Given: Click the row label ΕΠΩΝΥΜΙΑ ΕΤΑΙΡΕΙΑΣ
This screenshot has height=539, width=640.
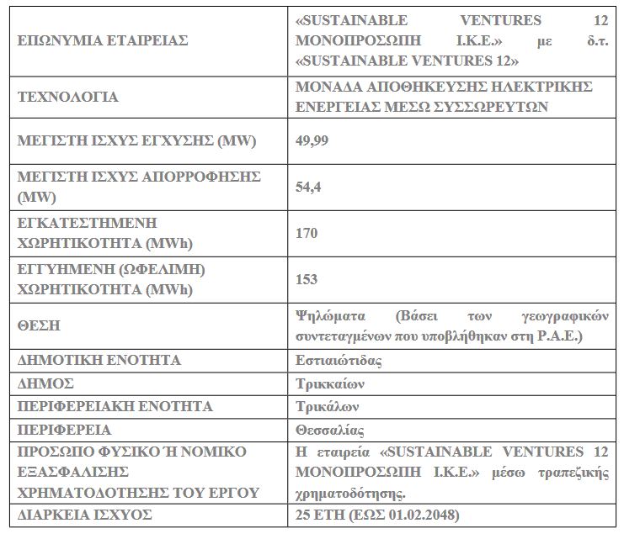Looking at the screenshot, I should point(103,40).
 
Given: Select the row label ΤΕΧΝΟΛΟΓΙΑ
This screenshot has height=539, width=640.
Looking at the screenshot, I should point(68,97).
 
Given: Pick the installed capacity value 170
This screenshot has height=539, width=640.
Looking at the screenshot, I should point(307,233).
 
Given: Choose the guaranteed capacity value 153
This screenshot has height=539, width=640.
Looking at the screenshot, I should point(307,279).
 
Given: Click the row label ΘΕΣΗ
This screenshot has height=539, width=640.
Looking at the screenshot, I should point(40,325).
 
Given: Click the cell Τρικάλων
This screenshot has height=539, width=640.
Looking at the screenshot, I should point(328,407).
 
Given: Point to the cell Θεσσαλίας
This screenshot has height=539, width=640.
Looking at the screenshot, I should point(330,431).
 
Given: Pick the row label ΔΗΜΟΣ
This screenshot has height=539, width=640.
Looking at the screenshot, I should point(46,383).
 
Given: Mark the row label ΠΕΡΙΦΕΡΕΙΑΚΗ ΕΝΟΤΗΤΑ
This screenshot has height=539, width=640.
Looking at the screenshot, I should point(115,407).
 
